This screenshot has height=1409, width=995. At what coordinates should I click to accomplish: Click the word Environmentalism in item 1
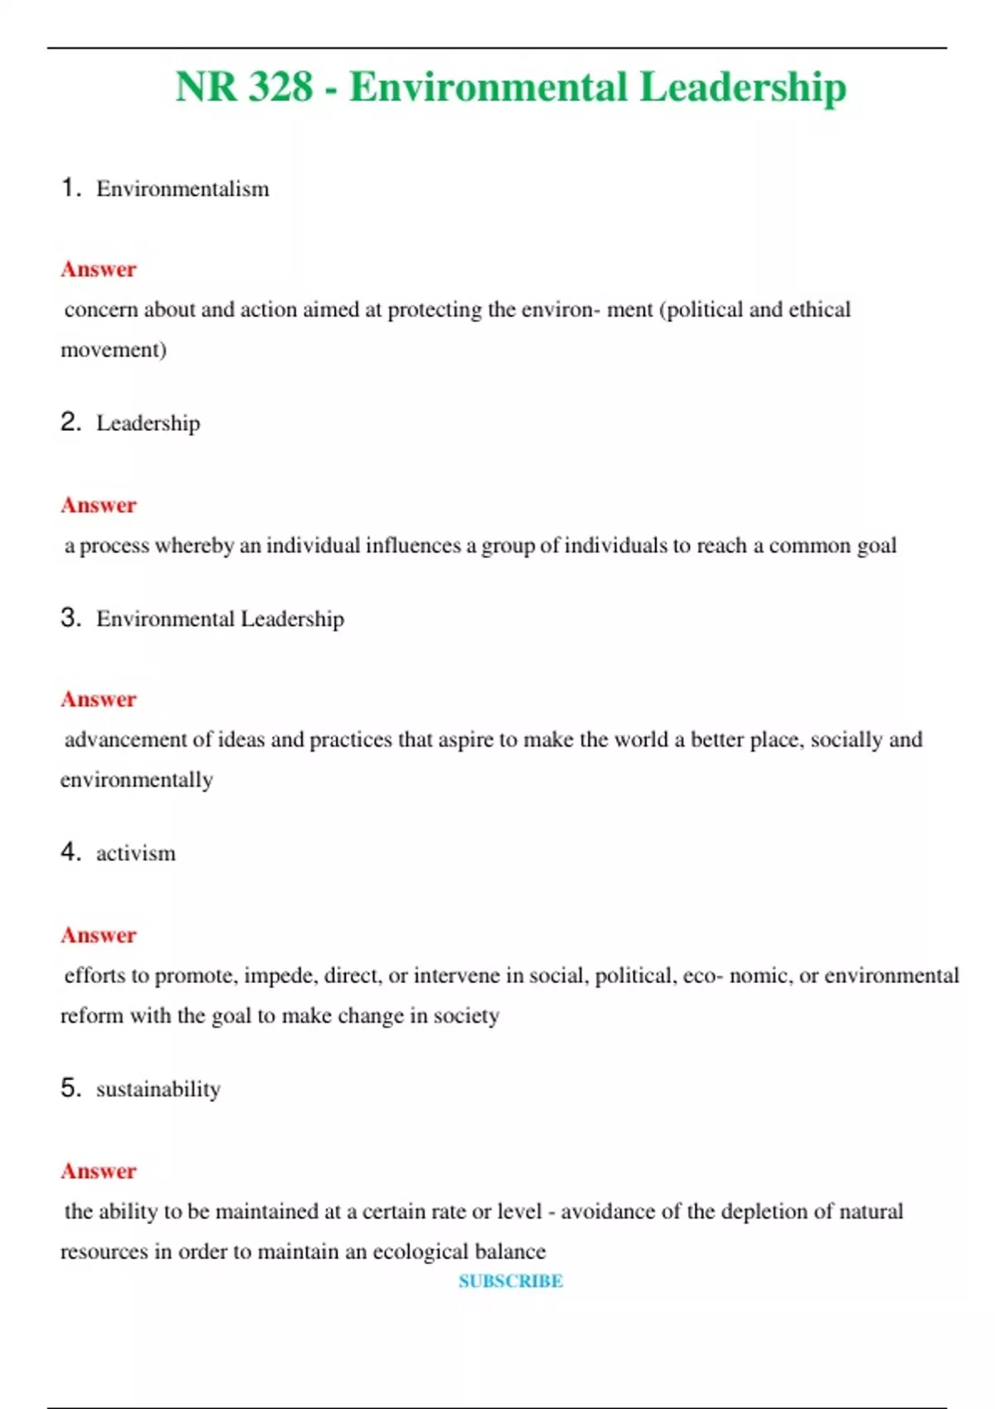pyautogui.click(x=182, y=189)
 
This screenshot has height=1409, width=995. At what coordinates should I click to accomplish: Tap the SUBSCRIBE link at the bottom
pyautogui.click(x=511, y=1281)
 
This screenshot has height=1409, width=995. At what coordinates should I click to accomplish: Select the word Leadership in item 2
pyautogui.click(x=148, y=424)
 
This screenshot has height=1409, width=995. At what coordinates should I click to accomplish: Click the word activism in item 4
pyautogui.click(x=136, y=854)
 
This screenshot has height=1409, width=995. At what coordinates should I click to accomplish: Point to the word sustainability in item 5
pyautogui.click(x=158, y=1089)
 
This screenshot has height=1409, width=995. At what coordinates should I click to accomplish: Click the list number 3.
pyautogui.click(x=70, y=617)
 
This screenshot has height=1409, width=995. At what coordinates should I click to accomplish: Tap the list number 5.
pyautogui.click(x=70, y=1087)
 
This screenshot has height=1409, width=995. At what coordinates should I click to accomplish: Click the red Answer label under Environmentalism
pyautogui.click(x=99, y=269)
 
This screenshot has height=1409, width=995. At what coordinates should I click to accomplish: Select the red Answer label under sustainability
pyautogui.click(x=99, y=1171)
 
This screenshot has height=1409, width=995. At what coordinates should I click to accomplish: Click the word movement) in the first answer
pyautogui.click(x=114, y=350)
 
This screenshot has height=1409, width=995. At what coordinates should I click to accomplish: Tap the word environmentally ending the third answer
pyautogui.click(x=137, y=780)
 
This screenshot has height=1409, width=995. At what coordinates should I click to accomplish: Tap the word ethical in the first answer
pyautogui.click(x=819, y=310)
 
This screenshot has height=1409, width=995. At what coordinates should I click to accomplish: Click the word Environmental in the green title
pyautogui.click(x=488, y=87)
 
